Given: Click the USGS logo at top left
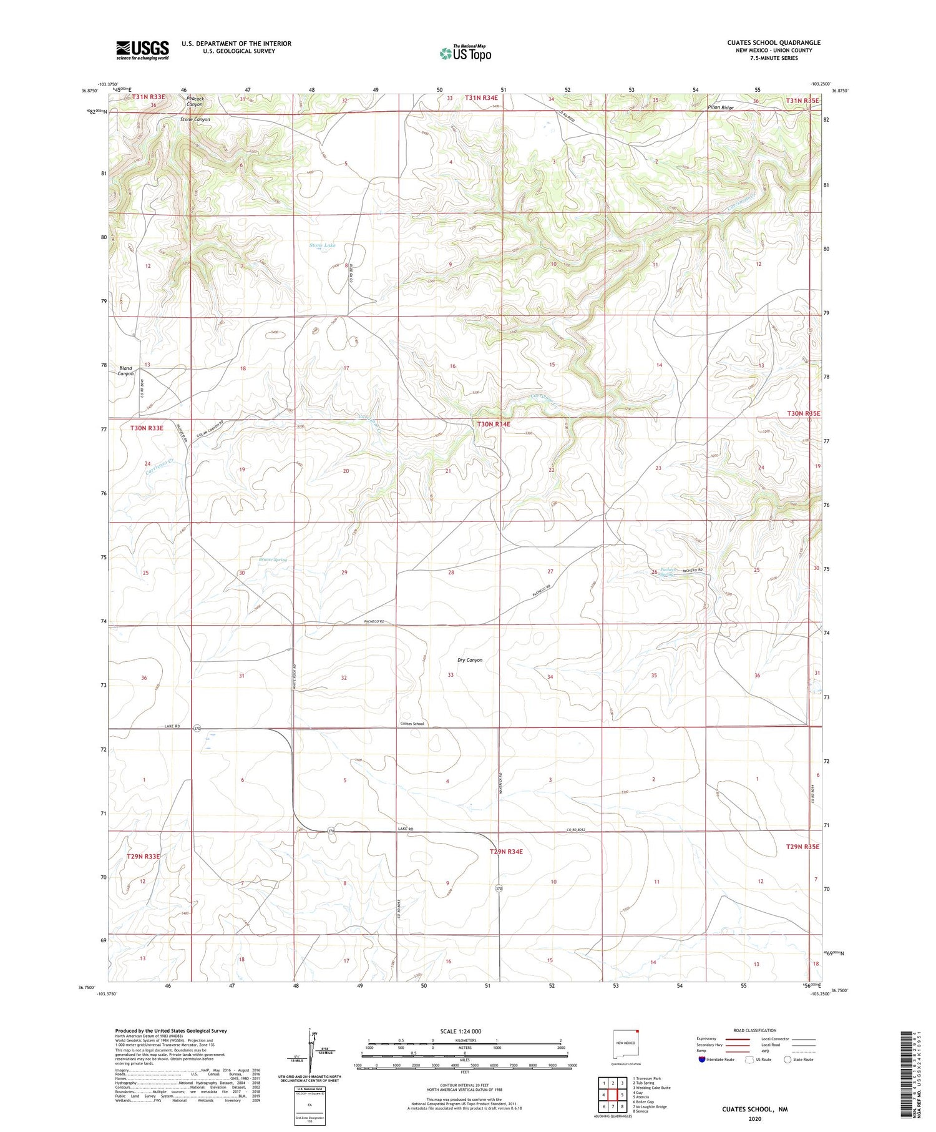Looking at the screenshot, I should (x=142, y=50).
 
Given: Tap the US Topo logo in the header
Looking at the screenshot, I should (x=465, y=54).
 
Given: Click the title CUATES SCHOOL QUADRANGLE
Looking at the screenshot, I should (x=773, y=42).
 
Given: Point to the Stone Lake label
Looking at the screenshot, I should (x=323, y=245).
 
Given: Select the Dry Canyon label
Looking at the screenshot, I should (x=470, y=660).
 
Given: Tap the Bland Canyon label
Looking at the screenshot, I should (x=125, y=371).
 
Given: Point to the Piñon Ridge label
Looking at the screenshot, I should (x=721, y=107).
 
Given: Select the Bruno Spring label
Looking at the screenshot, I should (x=273, y=559).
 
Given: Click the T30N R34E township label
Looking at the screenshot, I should (x=494, y=424).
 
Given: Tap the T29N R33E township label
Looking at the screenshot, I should (x=144, y=857).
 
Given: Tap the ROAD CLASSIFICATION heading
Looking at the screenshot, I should (x=755, y=1030).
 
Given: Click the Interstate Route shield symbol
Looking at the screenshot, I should (x=702, y=1060).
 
